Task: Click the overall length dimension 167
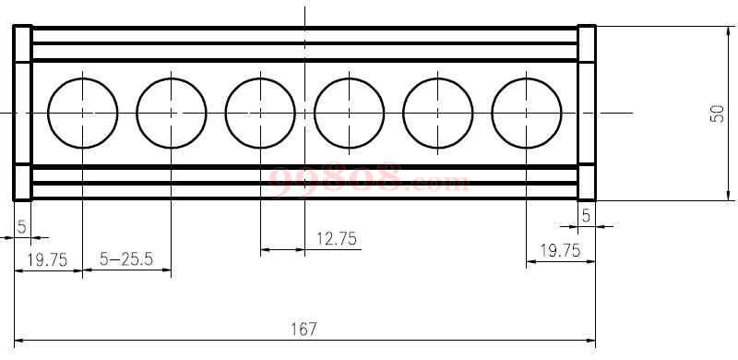304,329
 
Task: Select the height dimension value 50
717,114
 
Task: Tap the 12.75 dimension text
336,239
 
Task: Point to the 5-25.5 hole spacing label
126,258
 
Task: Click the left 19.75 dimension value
47,259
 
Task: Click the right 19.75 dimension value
560,251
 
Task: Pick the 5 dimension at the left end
22,227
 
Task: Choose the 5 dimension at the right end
586,216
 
